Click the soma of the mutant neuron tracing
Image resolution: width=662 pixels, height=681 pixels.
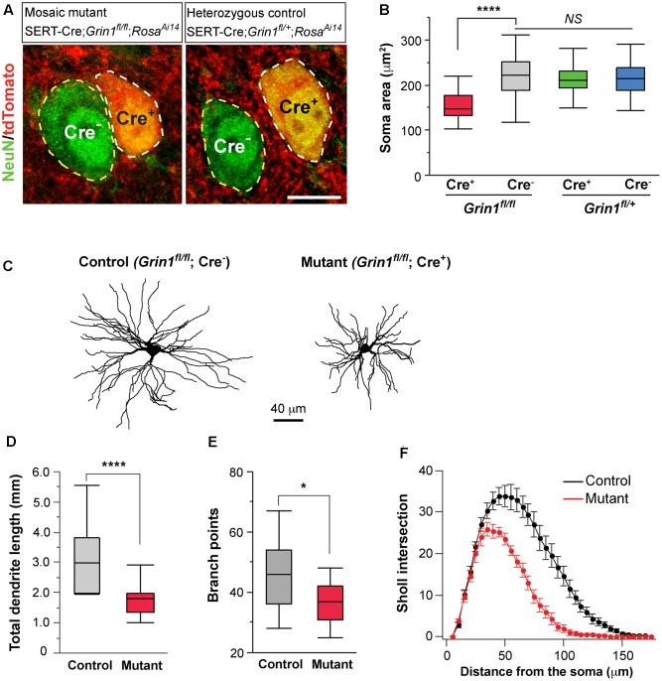click(367, 348)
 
